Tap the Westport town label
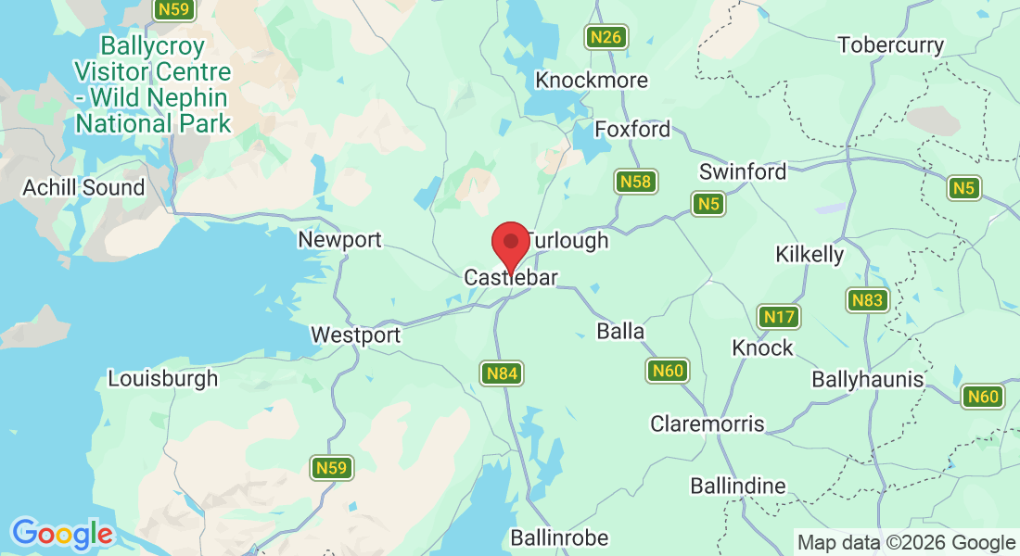[355, 335]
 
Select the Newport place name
[339, 240]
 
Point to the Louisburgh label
[163, 378]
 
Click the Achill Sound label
[84, 187]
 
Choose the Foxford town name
[632, 129]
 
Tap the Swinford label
[743, 171]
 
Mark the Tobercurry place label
[890, 44]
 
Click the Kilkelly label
[810, 254]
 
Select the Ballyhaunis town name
[868, 379]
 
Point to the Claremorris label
[708, 423]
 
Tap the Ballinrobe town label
[559, 537]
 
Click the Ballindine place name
[738, 486]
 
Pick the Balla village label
[620, 331]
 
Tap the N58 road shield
[636, 182]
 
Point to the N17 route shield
[779, 318]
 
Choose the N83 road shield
[868, 300]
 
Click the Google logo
[62, 534]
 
